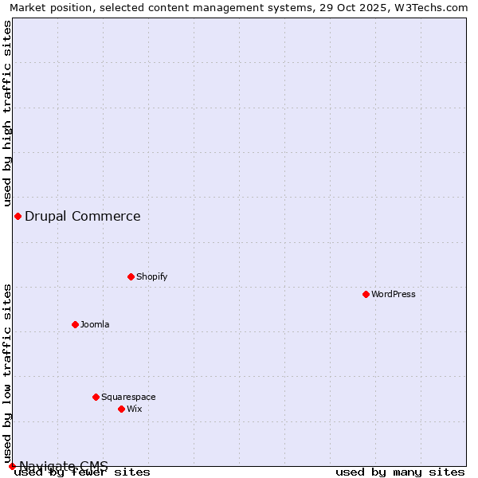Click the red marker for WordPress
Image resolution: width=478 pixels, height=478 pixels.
[366, 294]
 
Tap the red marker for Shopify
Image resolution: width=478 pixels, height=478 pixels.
[131, 276]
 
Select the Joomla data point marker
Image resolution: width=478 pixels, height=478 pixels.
[76, 324]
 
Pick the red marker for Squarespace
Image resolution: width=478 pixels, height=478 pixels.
[96, 397]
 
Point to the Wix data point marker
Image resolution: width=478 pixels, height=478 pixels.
[122, 409]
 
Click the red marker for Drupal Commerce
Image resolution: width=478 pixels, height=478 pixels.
[18, 216]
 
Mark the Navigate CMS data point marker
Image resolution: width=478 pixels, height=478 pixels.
[12, 466]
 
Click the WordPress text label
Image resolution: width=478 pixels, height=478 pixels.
[394, 294]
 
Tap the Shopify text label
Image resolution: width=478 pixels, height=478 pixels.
[151, 276]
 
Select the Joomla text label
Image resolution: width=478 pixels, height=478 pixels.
[95, 324]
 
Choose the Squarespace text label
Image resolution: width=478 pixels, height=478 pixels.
[128, 397]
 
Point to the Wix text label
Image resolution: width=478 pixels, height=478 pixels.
[134, 409]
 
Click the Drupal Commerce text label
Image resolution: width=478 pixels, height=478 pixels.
[83, 216]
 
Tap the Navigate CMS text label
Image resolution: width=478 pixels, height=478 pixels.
[64, 465]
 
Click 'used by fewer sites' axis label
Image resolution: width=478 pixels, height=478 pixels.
[82, 472]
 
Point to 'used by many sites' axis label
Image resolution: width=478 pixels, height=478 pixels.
[400, 472]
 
